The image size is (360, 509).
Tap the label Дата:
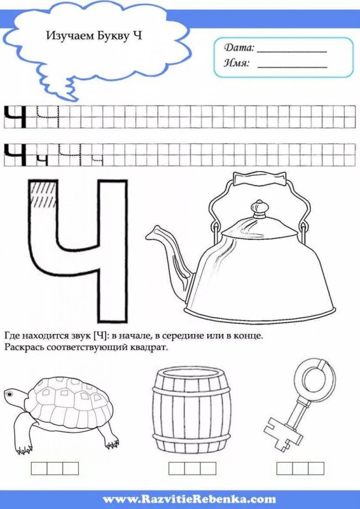[239, 48]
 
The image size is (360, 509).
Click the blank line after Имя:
[292, 64]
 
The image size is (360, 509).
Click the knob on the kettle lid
[259, 209]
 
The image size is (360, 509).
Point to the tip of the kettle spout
[149, 234]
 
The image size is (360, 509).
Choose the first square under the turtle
[39, 469]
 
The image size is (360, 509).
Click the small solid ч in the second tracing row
[42, 159]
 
